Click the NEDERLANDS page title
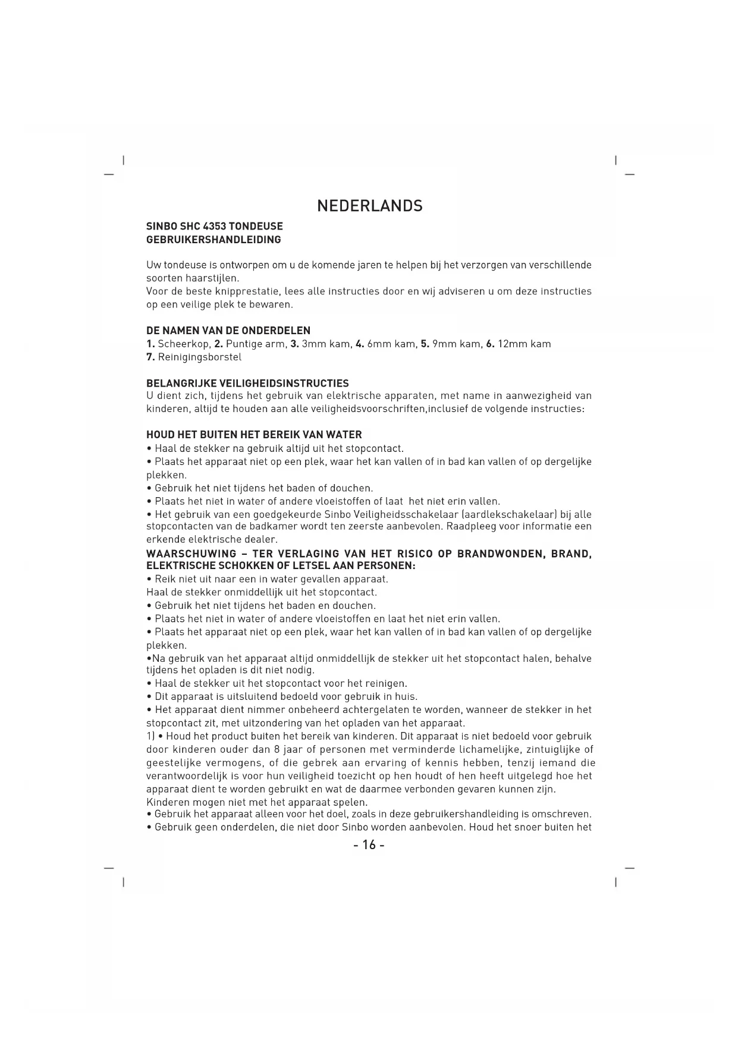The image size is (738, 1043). tap(369, 206)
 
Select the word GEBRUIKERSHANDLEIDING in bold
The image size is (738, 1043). tap(213, 240)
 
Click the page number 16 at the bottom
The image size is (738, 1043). tap(369, 845)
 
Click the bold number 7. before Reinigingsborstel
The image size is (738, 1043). tap(150, 357)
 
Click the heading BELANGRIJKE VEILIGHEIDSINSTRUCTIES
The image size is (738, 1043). tap(247, 384)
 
